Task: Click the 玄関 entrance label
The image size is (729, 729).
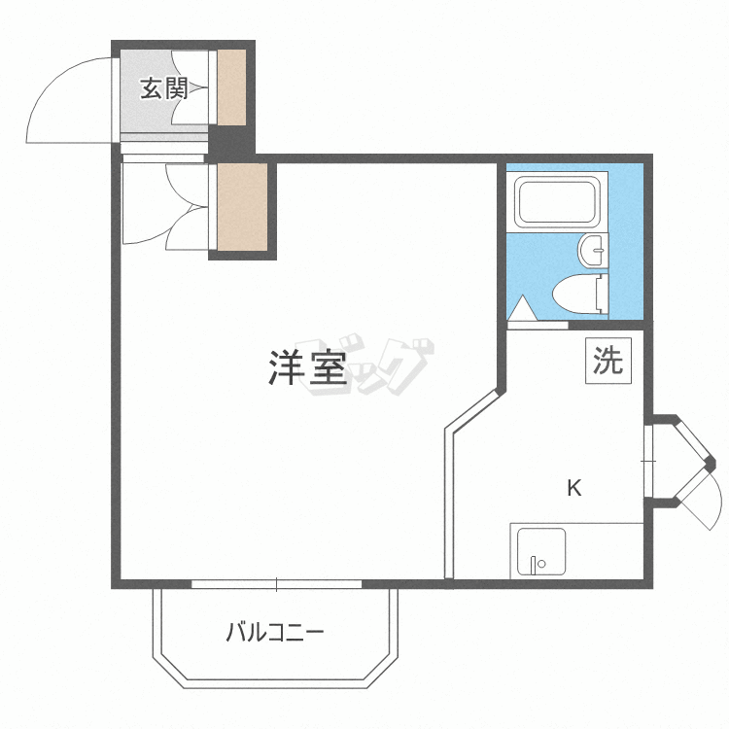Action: coord(164,88)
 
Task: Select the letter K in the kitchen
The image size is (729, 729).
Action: coord(574,488)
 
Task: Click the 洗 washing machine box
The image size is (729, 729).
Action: coord(608,361)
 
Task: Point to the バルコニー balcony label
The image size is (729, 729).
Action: coord(275,633)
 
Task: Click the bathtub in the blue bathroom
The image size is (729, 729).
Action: coord(557,203)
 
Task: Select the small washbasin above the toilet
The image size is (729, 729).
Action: coord(592,250)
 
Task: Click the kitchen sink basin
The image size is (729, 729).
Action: coord(541,551)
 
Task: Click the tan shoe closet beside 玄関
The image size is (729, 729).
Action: coord(231,87)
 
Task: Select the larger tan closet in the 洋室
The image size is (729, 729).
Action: coord(242,207)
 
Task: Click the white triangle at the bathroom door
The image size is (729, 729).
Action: coord(522,309)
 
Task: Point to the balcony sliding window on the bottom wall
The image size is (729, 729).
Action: coord(277,584)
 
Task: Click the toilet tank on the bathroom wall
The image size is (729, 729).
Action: coord(602,294)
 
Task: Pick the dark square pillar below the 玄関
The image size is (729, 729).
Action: coord(231,143)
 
